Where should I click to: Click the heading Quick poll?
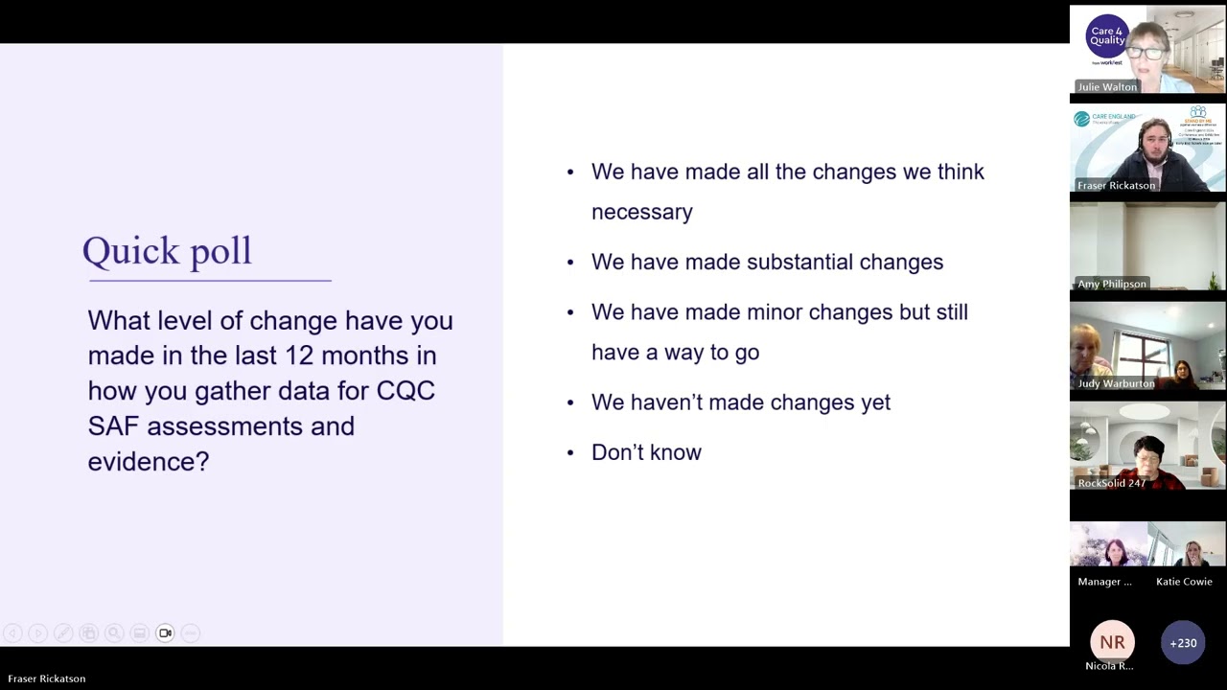point(167,251)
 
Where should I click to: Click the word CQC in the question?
point(405,391)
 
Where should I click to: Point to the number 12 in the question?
point(299,356)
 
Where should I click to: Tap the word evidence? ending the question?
point(148,462)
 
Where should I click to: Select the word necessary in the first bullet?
point(641,213)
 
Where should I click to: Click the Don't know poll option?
point(646,452)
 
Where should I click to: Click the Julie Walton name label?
point(1107,87)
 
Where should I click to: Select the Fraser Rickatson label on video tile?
point(1116,186)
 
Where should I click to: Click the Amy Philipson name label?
point(1111,285)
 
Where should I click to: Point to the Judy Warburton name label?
point(1115,383)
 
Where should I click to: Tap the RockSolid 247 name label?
point(1111,483)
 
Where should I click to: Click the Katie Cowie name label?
point(1184,582)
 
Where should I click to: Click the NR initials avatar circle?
point(1112,643)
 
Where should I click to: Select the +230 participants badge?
point(1183,643)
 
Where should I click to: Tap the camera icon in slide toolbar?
point(165,632)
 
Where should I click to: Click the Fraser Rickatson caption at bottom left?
point(46,678)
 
